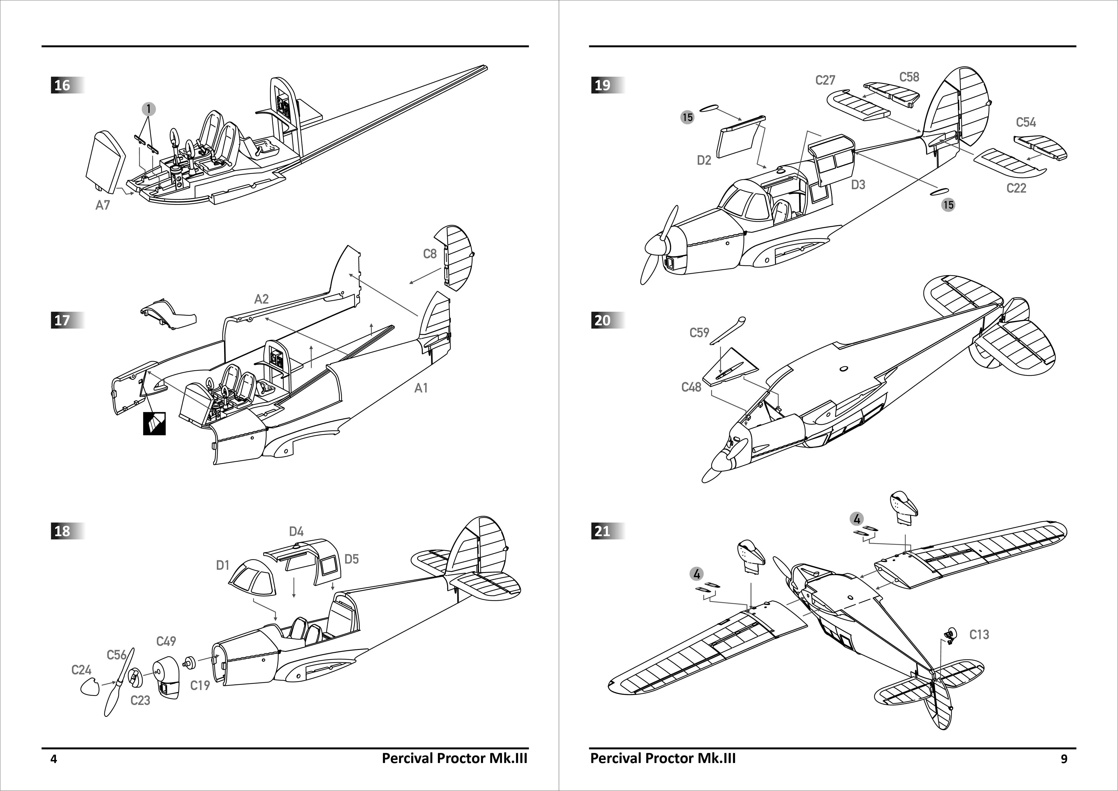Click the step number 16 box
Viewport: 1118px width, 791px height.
click(x=62, y=85)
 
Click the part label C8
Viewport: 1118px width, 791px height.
click(x=429, y=254)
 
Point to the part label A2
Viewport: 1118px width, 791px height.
click(x=261, y=299)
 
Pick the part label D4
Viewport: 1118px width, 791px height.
click(x=296, y=531)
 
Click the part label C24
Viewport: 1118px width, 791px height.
click(x=81, y=670)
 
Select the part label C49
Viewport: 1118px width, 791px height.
click(x=166, y=641)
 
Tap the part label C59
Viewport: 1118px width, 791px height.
click(x=699, y=333)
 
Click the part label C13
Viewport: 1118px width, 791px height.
click(x=979, y=635)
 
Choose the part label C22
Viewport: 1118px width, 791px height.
click(x=1016, y=188)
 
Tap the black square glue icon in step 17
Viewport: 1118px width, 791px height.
click(x=154, y=423)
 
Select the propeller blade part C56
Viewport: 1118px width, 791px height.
click(x=118, y=684)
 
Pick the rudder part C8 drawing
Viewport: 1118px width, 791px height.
click(x=458, y=258)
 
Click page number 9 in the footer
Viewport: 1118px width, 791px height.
click(x=1064, y=758)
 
